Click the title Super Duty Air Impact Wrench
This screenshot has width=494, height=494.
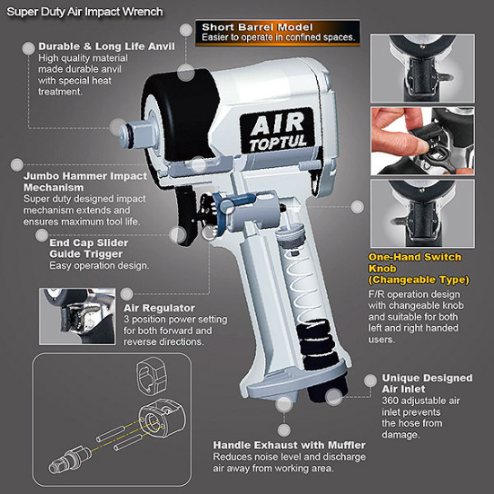(84, 12)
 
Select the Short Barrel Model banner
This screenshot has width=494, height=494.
(278, 32)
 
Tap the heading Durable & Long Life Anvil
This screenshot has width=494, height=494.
(107, 47)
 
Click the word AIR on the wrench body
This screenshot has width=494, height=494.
(278, 124)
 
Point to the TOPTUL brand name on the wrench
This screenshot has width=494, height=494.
(278, 143)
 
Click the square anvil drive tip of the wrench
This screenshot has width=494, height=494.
(137, 135)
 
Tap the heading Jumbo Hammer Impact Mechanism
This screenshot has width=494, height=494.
(85, 181)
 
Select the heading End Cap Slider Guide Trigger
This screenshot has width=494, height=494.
(89, 248)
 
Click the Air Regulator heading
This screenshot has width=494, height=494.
(159, 308)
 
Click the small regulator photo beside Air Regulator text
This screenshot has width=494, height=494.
(77, 316)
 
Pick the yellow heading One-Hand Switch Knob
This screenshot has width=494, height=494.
(419, 269)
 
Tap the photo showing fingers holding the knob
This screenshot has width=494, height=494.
(422, 141)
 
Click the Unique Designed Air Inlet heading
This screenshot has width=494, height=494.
(427, 384)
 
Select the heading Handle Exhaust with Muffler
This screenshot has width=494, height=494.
(289, 445)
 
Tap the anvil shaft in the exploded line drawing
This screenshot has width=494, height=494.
(70, 459)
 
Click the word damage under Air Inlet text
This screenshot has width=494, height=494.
(401, 435)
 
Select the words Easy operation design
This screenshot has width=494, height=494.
(99, 266)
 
